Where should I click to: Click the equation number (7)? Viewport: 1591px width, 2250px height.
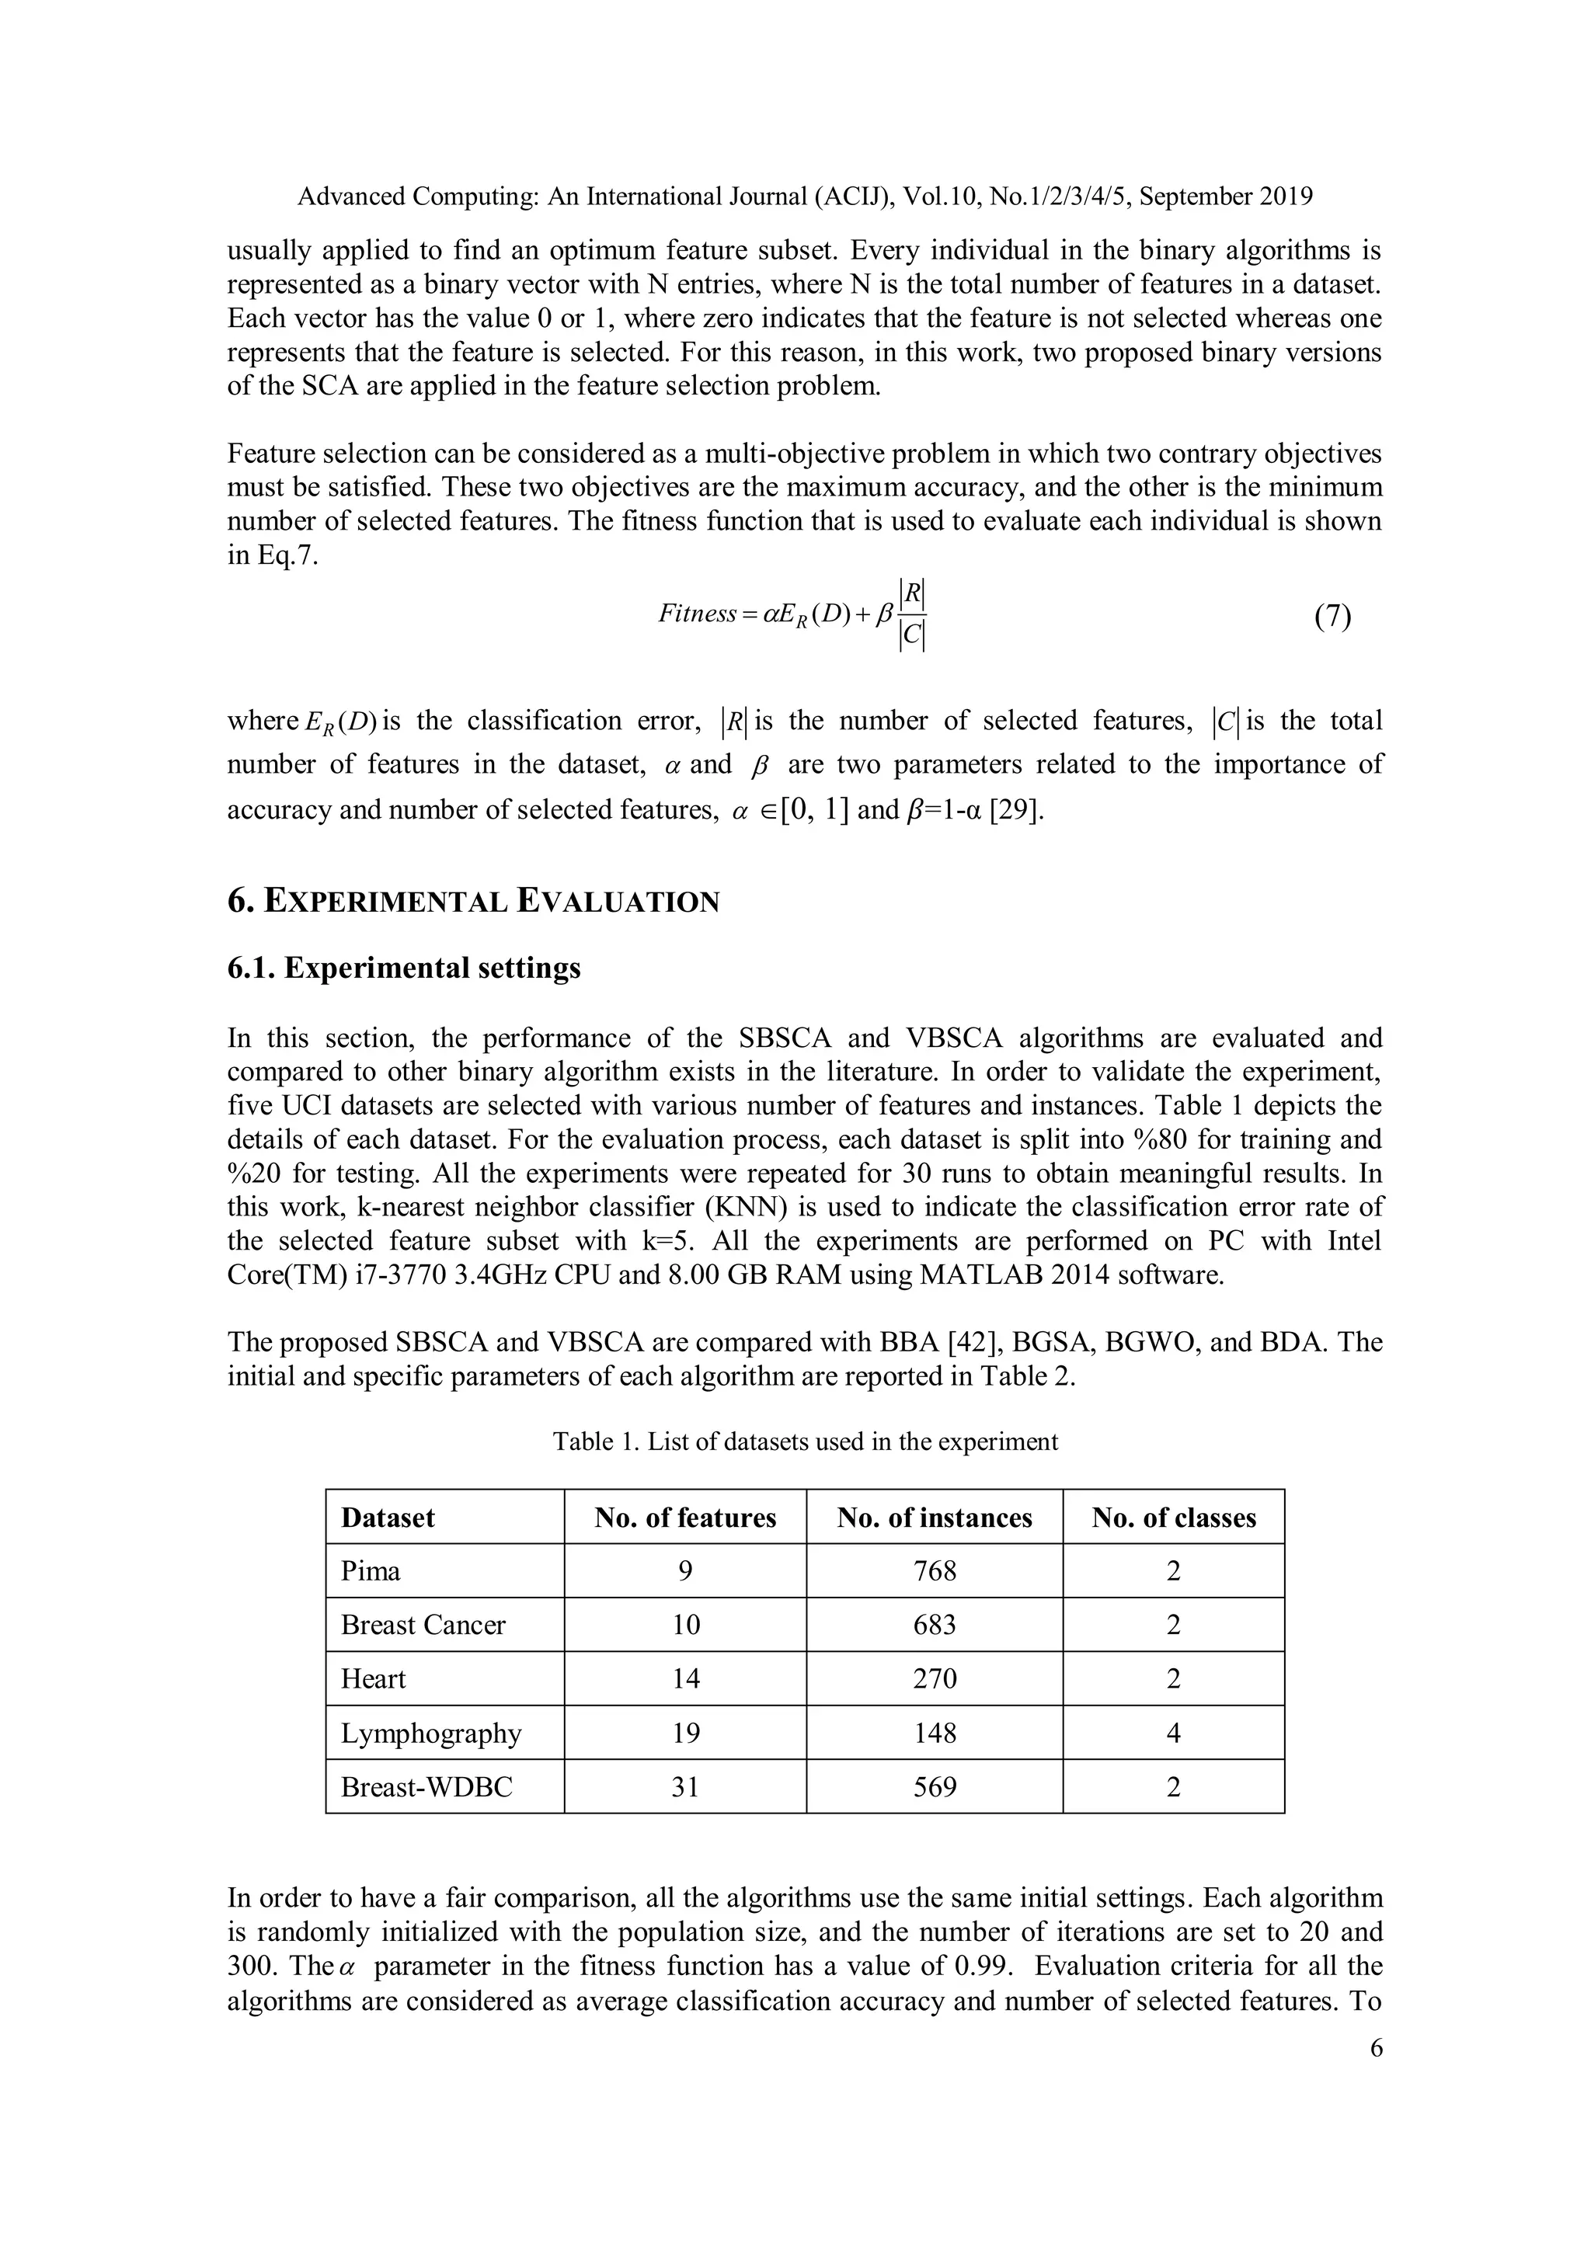tap(1332, 617)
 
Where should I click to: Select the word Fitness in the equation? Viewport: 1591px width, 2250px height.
tap(696, 614)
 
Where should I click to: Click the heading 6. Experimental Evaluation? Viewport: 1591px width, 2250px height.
tap(473, 901)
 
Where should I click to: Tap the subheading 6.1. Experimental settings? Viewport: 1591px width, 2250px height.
tap(404, 969)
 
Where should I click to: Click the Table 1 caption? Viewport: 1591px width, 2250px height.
tap(805, 1441)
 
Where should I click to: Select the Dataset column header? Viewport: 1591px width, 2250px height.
tap(388, 1518)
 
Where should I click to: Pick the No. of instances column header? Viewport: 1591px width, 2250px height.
tap(935, 1518)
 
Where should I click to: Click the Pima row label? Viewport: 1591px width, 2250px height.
tap(371, 1572)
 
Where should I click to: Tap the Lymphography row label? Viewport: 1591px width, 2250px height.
tap(431, 1734)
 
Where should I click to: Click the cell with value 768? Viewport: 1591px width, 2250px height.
tap(935, 1572)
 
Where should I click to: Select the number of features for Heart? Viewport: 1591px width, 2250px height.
tap(685, 1680)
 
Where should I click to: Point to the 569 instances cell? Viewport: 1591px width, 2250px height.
tap(935, 1787)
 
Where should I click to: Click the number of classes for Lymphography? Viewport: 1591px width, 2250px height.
tap(1173, 1734)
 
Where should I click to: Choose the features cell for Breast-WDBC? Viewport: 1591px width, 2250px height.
tap(685, 1787)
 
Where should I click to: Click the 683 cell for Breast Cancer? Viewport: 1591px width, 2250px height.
tap(935, 1626)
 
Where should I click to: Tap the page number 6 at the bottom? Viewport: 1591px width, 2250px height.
tap(1375, 2049)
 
